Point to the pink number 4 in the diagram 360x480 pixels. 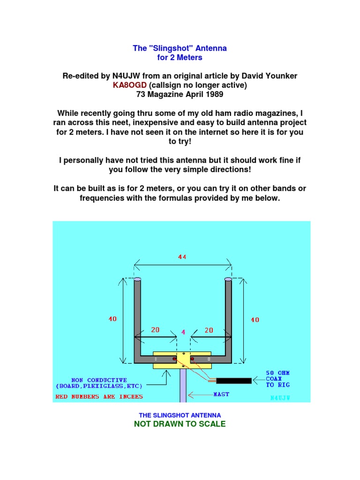click(x=183, y=332)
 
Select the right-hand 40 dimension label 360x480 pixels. click(x=255, y=320)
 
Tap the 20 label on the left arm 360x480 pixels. click(x=155, y=330)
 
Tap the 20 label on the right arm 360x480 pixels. click(x=209, y=330)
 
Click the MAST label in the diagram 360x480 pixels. click(x=221, y=394)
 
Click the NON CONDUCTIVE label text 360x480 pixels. click(x=99, y=383)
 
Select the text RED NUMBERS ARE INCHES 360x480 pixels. click(x=99, y=397)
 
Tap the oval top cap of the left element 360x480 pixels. click(x=138, y=279)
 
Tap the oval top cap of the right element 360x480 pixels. click(x=228, y=279)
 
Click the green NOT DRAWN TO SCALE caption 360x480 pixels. click(x=180, y=424)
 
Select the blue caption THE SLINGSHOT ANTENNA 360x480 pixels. click(x=180, y=415)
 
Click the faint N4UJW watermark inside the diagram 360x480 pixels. click(x=280, y=397)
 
